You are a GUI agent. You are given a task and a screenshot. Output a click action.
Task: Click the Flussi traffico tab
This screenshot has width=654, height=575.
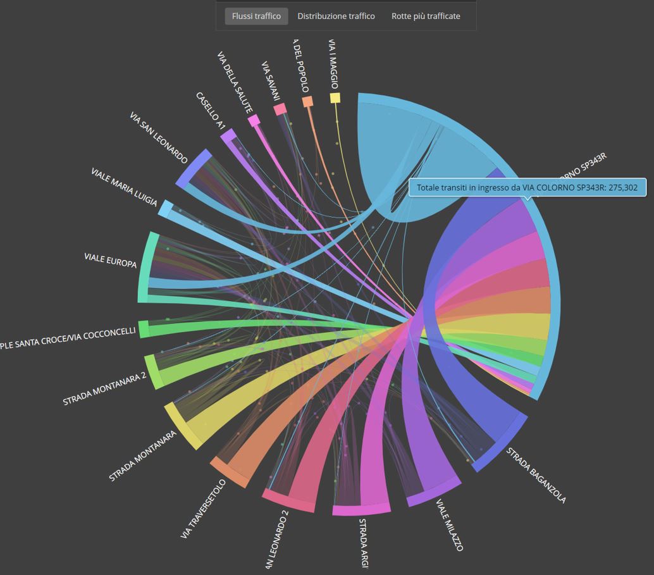click(x=256, y=16)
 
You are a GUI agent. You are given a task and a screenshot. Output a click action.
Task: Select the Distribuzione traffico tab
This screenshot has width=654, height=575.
click(x=336, y=16)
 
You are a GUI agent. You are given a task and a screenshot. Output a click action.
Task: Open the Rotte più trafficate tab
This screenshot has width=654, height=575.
click(x=426, y=16)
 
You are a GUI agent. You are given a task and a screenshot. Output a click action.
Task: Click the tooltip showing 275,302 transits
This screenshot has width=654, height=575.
click(x=528, y=188)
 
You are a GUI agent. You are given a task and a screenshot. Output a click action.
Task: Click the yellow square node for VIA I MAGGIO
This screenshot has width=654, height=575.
click(x=335, y=98)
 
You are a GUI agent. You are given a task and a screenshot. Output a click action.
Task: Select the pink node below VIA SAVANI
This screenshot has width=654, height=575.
click(x=280, y=109)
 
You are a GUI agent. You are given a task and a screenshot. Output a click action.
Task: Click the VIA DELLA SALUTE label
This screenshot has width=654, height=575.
click(x=235, y=82)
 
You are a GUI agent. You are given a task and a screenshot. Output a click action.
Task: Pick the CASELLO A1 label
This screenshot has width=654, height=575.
click(x=211, y=111)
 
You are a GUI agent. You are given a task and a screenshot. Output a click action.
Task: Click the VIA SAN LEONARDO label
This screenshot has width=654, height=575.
click(x=159, y=138)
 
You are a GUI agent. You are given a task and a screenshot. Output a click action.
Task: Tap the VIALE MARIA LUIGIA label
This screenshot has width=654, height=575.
click(x=125, y=187)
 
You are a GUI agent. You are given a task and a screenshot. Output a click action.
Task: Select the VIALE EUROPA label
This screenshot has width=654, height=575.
click(x=111, y=261)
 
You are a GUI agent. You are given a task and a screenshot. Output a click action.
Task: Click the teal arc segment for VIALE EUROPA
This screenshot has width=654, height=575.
click(x=147, y=267)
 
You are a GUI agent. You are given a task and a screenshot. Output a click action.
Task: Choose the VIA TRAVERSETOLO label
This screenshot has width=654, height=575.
click(x=203, y=509)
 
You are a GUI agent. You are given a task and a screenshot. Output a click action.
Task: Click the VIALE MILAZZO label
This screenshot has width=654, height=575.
click(x=450, y=525)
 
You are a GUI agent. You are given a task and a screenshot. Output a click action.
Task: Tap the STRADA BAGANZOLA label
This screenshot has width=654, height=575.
click(x=536, y=476)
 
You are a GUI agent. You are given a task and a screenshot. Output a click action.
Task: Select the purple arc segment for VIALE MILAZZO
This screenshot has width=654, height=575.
click(x=434, y=493)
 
